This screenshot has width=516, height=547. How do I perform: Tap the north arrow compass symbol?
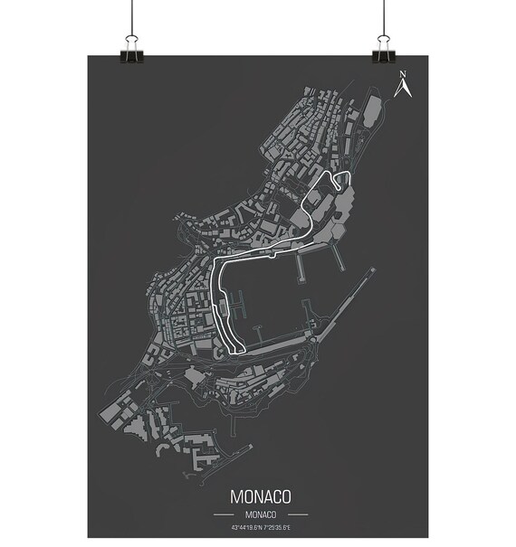pos(404,88)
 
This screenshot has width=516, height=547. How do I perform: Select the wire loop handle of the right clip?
pos(383,39)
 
